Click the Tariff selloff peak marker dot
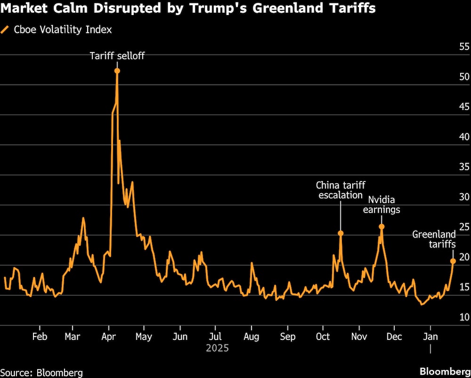click(x=117, y=71)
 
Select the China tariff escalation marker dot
click(x=341, y=233)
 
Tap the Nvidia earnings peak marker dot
click(x=382, y=227)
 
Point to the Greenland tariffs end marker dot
click(x=453, y=261)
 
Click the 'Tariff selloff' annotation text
click(x=117, y=56)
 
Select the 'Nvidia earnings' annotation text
click(x=382, y=204)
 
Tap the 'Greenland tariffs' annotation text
click(x=434, y=239)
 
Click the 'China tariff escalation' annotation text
click(x=341, y=190)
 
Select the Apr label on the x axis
click(x=109, y=337)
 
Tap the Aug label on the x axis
click(x=252, y=337)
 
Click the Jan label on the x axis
click(x=430, y=337)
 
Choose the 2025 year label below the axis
click(x=217, y=348)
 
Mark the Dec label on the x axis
click(x=394, y=337)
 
